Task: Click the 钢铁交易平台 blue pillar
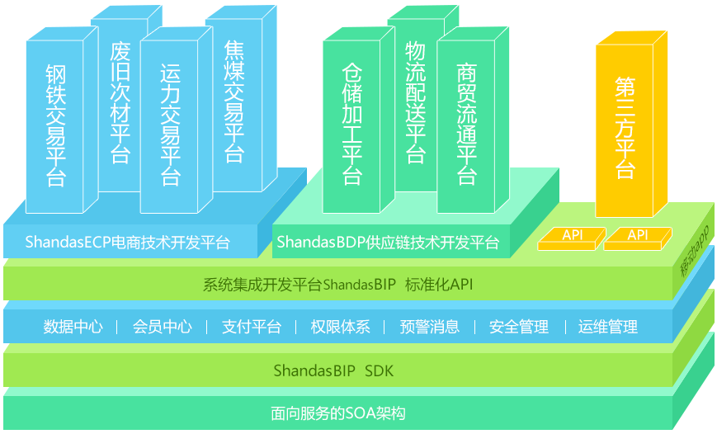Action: (x=56, y=124)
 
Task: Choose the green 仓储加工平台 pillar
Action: (x=352, y=124)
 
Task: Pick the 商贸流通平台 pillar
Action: (x=467, y=124)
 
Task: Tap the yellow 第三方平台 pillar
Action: (x=625, y=128)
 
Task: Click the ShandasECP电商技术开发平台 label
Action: (x=127, y=243)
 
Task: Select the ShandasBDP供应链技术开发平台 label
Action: (x=388, y=243)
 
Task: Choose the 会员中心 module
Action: (x=162, y=327)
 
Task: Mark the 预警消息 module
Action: (x=429, y=327)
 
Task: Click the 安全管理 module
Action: (x=518, y=327)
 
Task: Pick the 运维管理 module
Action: (x=607, y=327)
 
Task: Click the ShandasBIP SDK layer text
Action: (x=339, y=370)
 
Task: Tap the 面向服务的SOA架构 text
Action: (x=338, y=413)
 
